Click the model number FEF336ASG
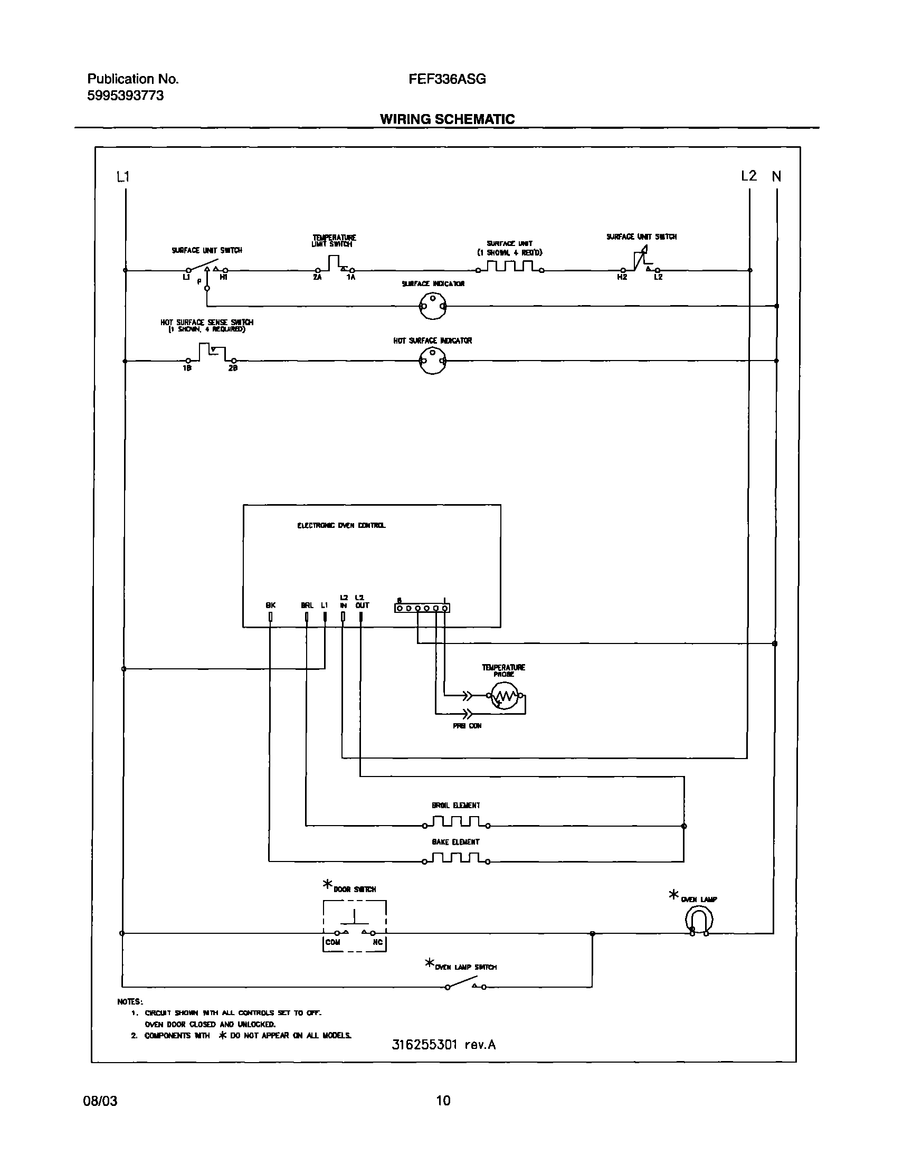point(446,79)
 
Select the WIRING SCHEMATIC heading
point(447,119)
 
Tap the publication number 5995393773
point(125,96)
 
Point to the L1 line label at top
point(122,177)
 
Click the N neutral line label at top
point(776,177)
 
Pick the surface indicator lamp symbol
point(432,306)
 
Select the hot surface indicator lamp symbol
point(432,361)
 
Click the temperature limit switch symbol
point(334,264)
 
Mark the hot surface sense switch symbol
point(212,353)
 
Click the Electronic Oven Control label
point(341,526)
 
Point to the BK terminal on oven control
point(270,617)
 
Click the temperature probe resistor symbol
point(504,697)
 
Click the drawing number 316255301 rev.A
point(443,1045)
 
